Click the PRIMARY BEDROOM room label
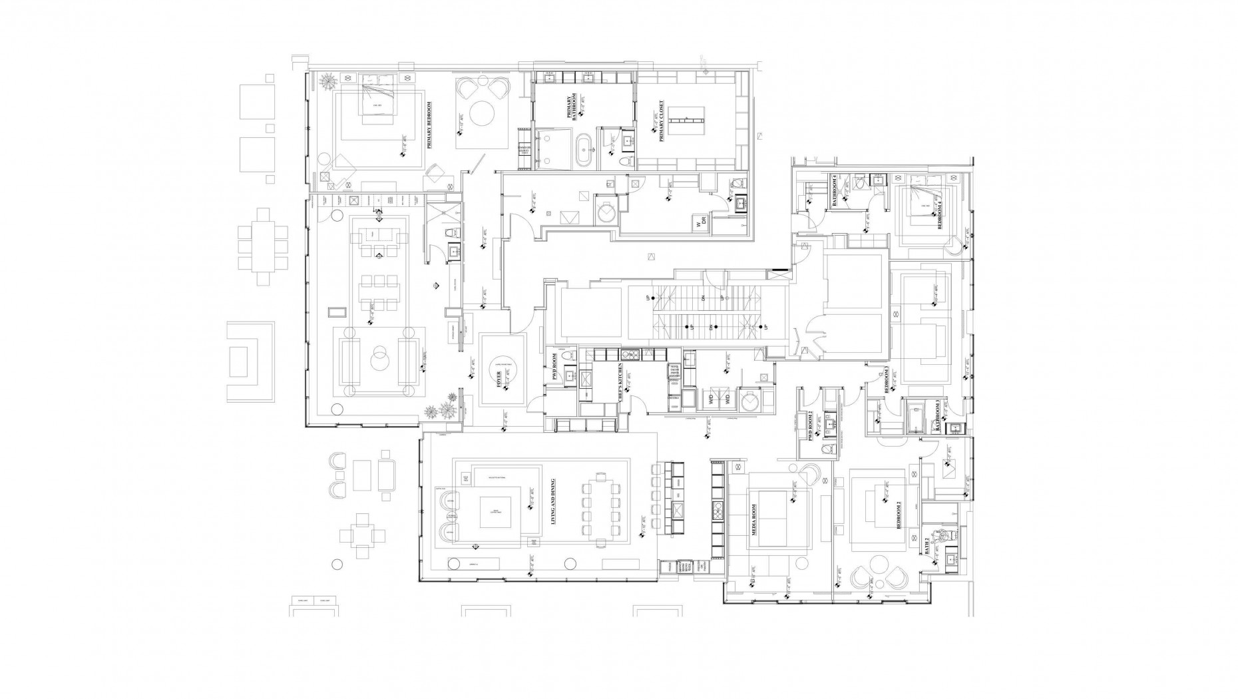(430, 125)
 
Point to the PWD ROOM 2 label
(811, 427)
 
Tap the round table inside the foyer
(503, 370)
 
